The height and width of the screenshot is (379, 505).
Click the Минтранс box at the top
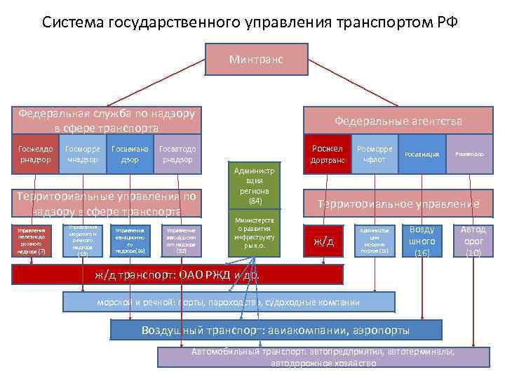256,60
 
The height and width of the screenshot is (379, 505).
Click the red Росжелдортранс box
326,154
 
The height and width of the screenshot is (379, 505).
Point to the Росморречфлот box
375,154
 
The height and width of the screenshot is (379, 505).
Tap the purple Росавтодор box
469,154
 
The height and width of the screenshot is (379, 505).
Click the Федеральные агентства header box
398,121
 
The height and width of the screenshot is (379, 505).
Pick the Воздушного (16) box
422,241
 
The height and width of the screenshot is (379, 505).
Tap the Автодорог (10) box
473,241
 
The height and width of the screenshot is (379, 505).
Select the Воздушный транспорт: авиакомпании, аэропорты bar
276,330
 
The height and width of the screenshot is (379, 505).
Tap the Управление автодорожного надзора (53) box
181,241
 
